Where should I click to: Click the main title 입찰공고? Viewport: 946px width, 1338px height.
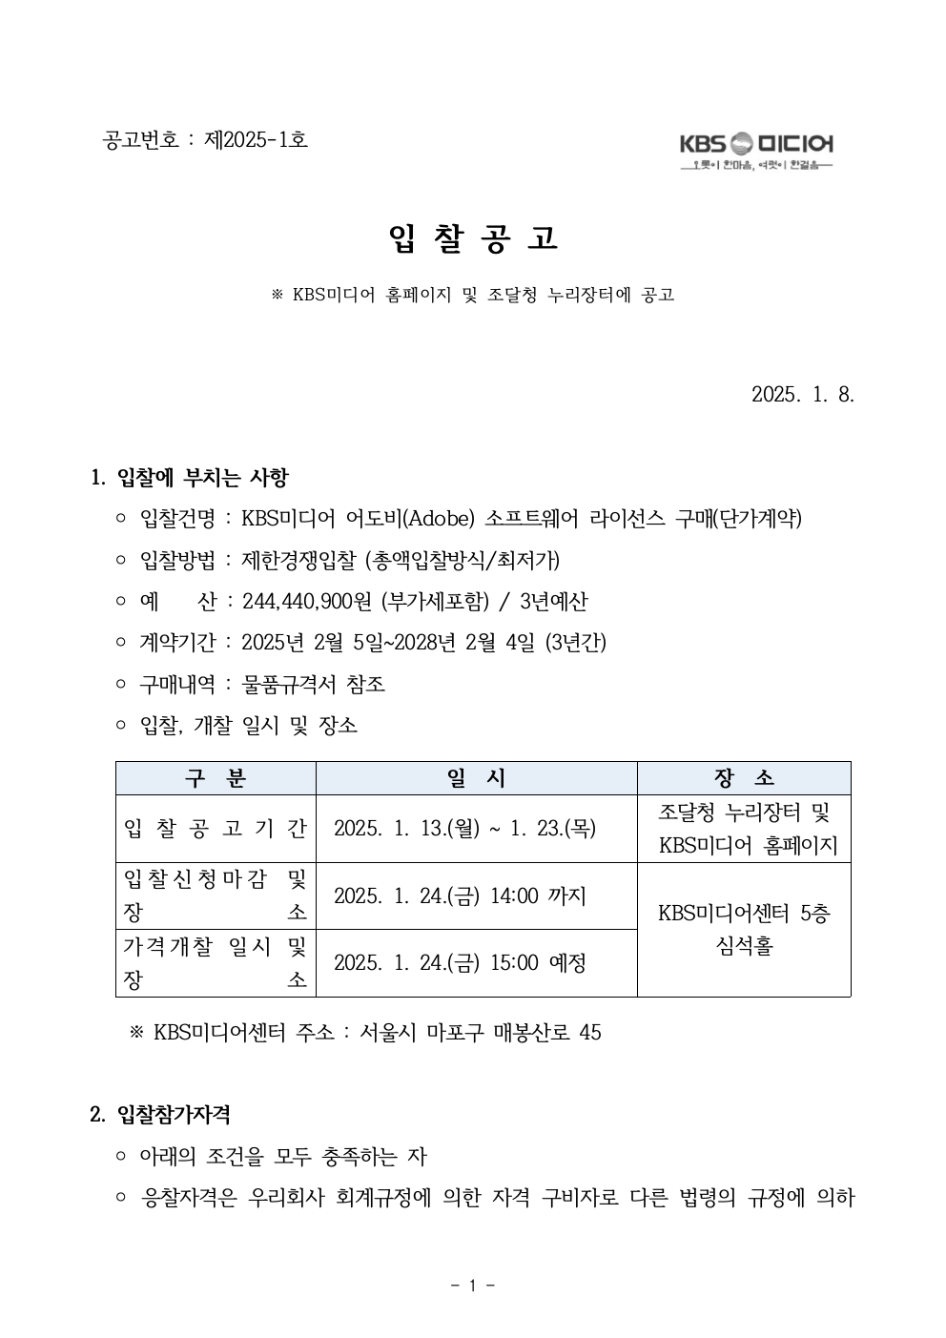point(473,238)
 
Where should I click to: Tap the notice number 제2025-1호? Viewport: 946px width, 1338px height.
point(256,139)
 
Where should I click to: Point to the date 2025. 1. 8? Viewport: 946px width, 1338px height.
point(802,394)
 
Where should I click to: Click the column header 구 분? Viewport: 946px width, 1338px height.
point(216,778)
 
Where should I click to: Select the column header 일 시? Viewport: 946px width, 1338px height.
point(476,778)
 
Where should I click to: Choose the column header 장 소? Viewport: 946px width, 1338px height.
point(744,778)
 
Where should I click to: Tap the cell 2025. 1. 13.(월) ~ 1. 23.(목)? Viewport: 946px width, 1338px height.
point(464,829)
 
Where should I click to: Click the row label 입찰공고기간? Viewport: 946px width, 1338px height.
point(216,829)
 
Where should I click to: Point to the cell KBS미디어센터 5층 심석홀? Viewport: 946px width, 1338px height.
point(744,930)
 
